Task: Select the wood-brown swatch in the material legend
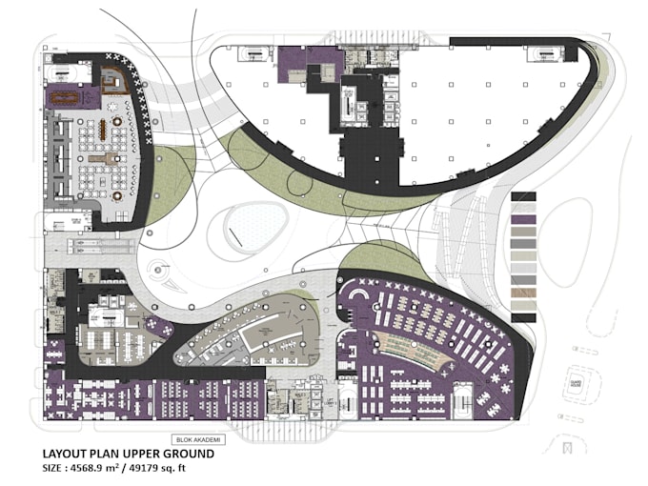coord(524,305)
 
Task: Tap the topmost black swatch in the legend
coord(524,196)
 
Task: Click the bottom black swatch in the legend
coord(524,317)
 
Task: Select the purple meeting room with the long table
coord(71,96)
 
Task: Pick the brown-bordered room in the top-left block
coord(114,82)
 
